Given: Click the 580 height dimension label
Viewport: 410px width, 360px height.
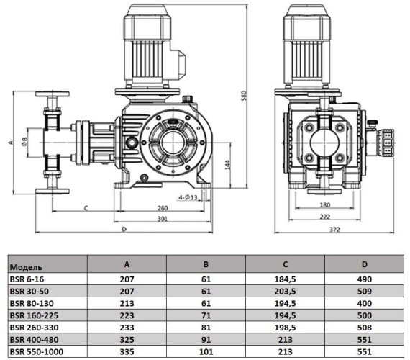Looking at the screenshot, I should pos(246,98).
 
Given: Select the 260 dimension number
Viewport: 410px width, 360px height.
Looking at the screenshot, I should pos(163,210).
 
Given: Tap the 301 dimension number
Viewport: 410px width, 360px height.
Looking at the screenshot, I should pos(163,219).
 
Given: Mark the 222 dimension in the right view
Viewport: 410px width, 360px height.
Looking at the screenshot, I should pos(325,216).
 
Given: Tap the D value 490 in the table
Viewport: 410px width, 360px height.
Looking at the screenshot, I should pos(365,277).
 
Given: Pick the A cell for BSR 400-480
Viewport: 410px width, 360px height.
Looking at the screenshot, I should pos(127,340).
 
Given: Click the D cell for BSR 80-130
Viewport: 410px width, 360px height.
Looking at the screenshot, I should pos(365,302).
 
